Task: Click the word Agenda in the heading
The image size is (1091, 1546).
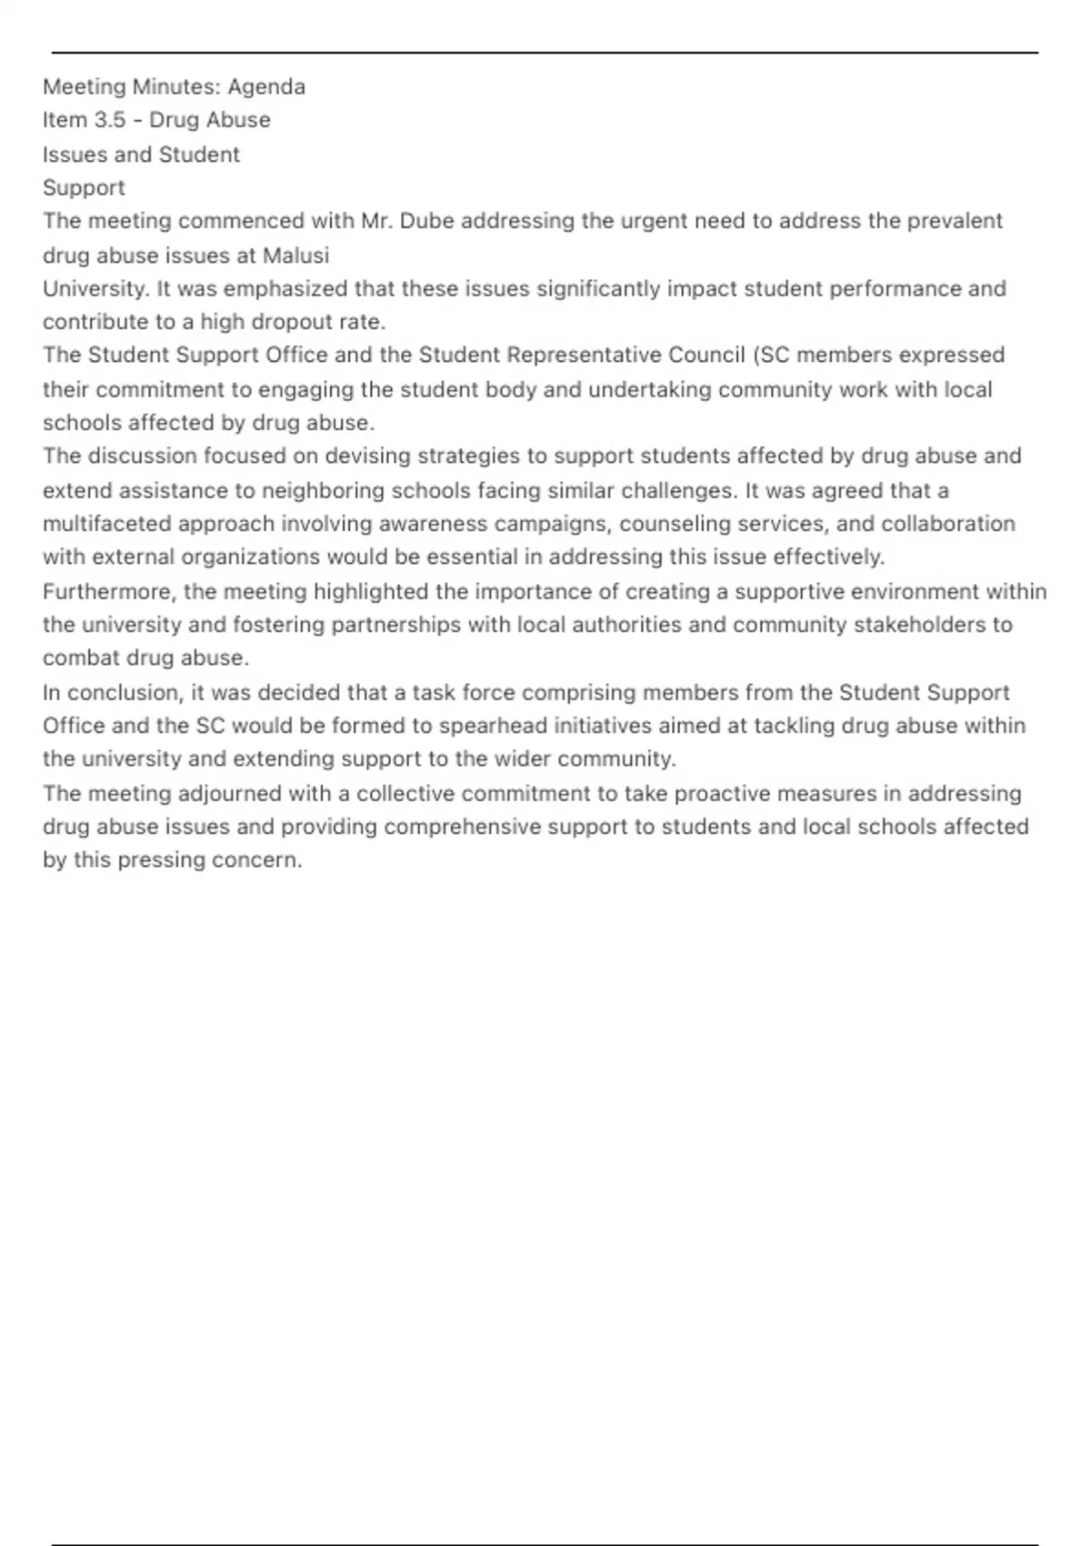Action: [x=266, y=87]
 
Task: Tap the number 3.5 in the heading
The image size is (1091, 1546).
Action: [x=109, y=120]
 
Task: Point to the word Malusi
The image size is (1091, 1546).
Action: [x=295, y=256]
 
